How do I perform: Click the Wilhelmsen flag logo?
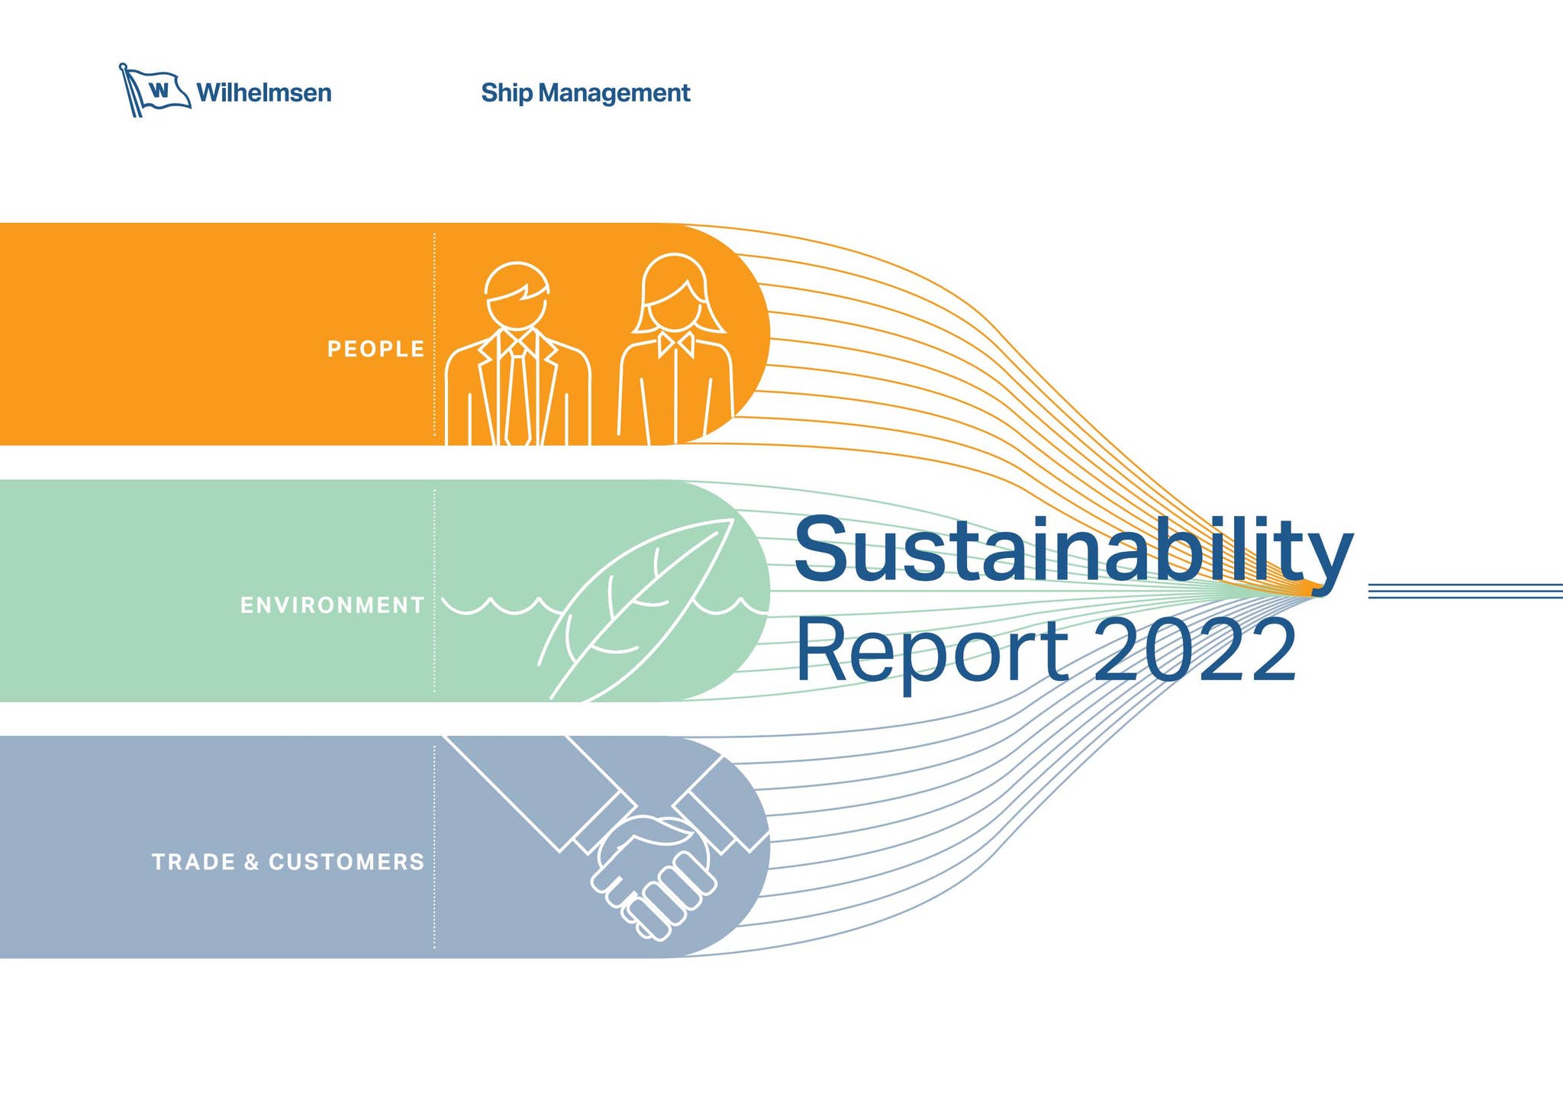pos(155,91)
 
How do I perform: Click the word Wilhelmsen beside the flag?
pos(264,93)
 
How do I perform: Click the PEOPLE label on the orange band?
pos(375,349)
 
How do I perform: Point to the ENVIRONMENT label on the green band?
pos(332,605)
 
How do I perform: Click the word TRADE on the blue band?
pos(194,862)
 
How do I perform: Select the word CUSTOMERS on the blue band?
pos(346,862)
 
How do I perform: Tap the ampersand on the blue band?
pos(252,863)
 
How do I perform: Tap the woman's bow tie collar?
pos(676,344)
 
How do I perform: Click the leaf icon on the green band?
pos(636,608)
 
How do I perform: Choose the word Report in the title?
pos(932,650)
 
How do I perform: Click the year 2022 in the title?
pos(1195,650)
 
